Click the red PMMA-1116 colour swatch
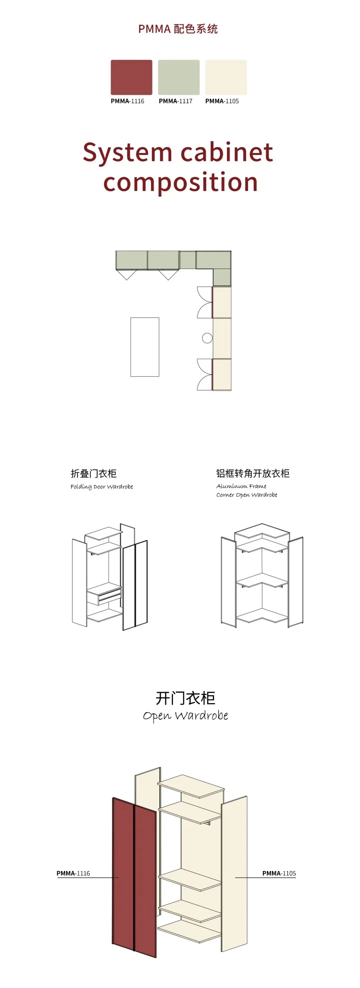131,77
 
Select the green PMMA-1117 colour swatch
179,77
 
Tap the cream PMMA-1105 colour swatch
226,77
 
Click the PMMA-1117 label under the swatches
175,101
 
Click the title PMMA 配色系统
178,29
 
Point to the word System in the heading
127,152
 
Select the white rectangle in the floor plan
145,347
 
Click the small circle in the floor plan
207,338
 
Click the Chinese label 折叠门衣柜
94,474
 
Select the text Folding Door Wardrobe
102,487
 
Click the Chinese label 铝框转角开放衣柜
252,474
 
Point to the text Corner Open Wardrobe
247,495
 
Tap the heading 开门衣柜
185,698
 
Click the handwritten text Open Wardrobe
185,716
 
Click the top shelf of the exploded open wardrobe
191,786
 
